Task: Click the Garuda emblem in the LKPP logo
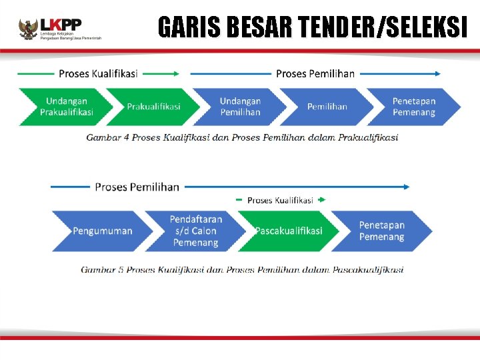pyautogui.click(x=28, y=29)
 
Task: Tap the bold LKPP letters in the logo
pyautogui.click(x=61, y=24)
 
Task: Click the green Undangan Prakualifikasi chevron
pyautogui.click(x=65, y=107)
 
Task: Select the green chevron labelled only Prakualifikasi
pyautogui.click(x=153, y=107)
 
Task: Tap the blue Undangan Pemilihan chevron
pyautogui.click(x=240, y=107)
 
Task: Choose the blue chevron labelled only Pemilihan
pyautogui.click(x=327, y=107)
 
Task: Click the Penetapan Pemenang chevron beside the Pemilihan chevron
pyautogui.click(x=414, y=107)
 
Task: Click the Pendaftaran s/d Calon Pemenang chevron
pyautogui.click(x=195, y=231)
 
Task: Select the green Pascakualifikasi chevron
pyautogui.click(x=288, y=231)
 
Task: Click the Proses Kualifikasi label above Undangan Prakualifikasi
pyautogui.click(x=97, y=73)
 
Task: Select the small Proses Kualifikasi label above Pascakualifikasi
pyautogui.click(x=280, y=200)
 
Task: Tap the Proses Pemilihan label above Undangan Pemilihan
pyautogui.click(x=315, y=73)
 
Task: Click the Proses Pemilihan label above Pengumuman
pyautogui.click(x=137, y=187)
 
